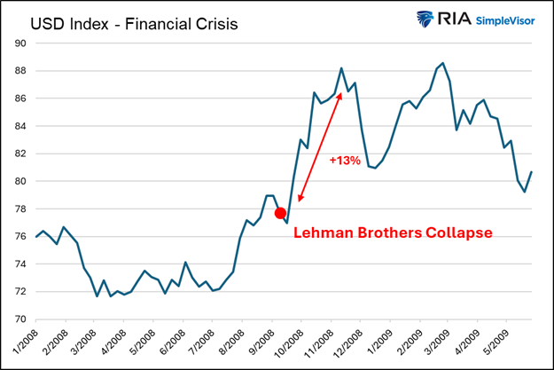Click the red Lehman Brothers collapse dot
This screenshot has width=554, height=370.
pos(281,213)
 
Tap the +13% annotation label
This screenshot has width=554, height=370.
pos(344,161)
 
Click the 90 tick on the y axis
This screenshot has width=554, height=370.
pos(20,43)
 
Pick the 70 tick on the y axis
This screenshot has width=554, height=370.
pos(20,319)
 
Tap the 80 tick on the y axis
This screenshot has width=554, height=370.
pos(20,181)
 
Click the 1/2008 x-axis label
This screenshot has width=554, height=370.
pos(25,342)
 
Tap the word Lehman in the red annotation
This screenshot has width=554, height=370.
pos(324,233)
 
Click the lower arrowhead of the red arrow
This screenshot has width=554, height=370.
pos(300,200)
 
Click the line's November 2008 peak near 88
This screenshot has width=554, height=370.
pos(341,67)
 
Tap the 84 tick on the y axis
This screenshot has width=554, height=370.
pos(20,126)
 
